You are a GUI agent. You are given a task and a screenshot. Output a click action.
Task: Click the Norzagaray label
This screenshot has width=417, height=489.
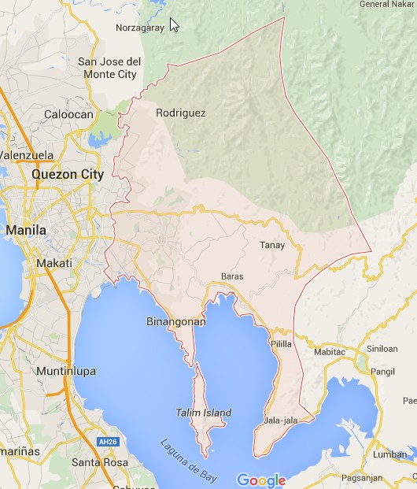click(x=139, y=28)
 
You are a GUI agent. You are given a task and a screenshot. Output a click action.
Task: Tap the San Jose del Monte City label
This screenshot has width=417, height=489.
click(x=109, y=68)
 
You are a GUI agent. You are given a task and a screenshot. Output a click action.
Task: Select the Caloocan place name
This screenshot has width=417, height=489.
click(x=69, y=114)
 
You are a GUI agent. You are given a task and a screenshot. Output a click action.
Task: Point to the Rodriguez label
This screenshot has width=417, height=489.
click(x=181, y=113)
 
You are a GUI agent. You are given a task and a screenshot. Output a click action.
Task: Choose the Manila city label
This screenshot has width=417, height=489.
click(x=26, y=230)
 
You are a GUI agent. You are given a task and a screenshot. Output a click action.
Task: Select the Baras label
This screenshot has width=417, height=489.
click(x=232, y=276)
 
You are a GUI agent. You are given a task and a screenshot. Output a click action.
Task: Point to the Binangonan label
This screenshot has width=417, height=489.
click(x=176, y=321)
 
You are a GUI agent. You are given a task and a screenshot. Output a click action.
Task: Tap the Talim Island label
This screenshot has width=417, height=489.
click(x=204, y=413)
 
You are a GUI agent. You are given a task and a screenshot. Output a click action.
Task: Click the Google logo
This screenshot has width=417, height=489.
click(x=260, y=480)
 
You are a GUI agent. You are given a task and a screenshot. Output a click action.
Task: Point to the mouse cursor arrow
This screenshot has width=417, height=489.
click(x=174, y=24)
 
